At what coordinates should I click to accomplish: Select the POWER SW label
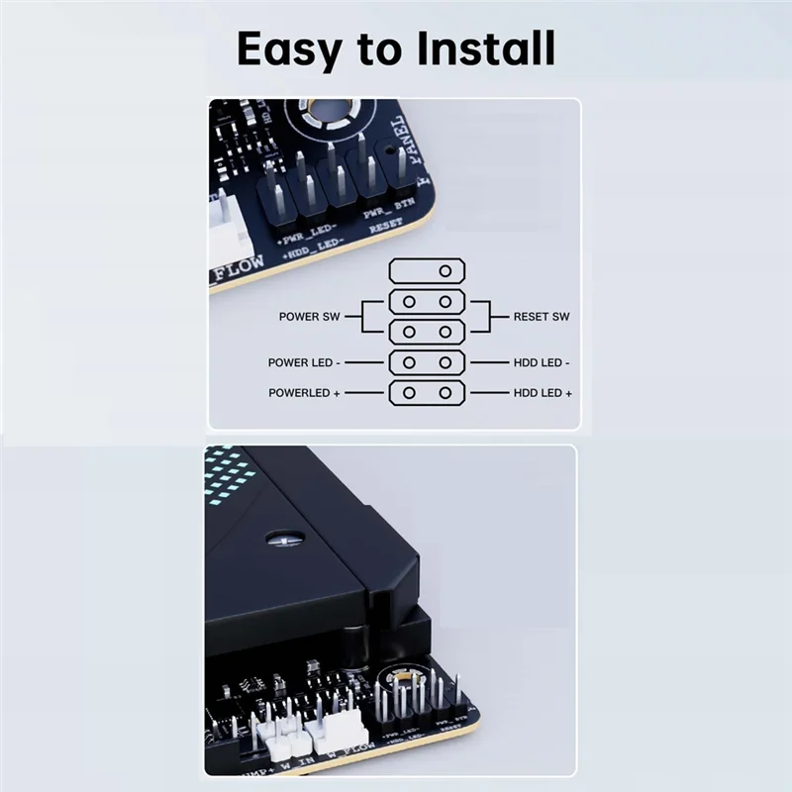pos(309,317)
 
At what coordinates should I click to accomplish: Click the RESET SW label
pos(542,317)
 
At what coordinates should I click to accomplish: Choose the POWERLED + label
pos(304,393)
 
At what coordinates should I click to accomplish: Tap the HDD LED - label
pos(542,363)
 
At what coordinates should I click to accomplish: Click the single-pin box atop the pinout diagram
pos(426,270)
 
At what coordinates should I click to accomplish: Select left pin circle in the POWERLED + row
pos(408,393)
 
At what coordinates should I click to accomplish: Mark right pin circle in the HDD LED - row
pos(445,362)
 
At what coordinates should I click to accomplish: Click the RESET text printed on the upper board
pos(386,227)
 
